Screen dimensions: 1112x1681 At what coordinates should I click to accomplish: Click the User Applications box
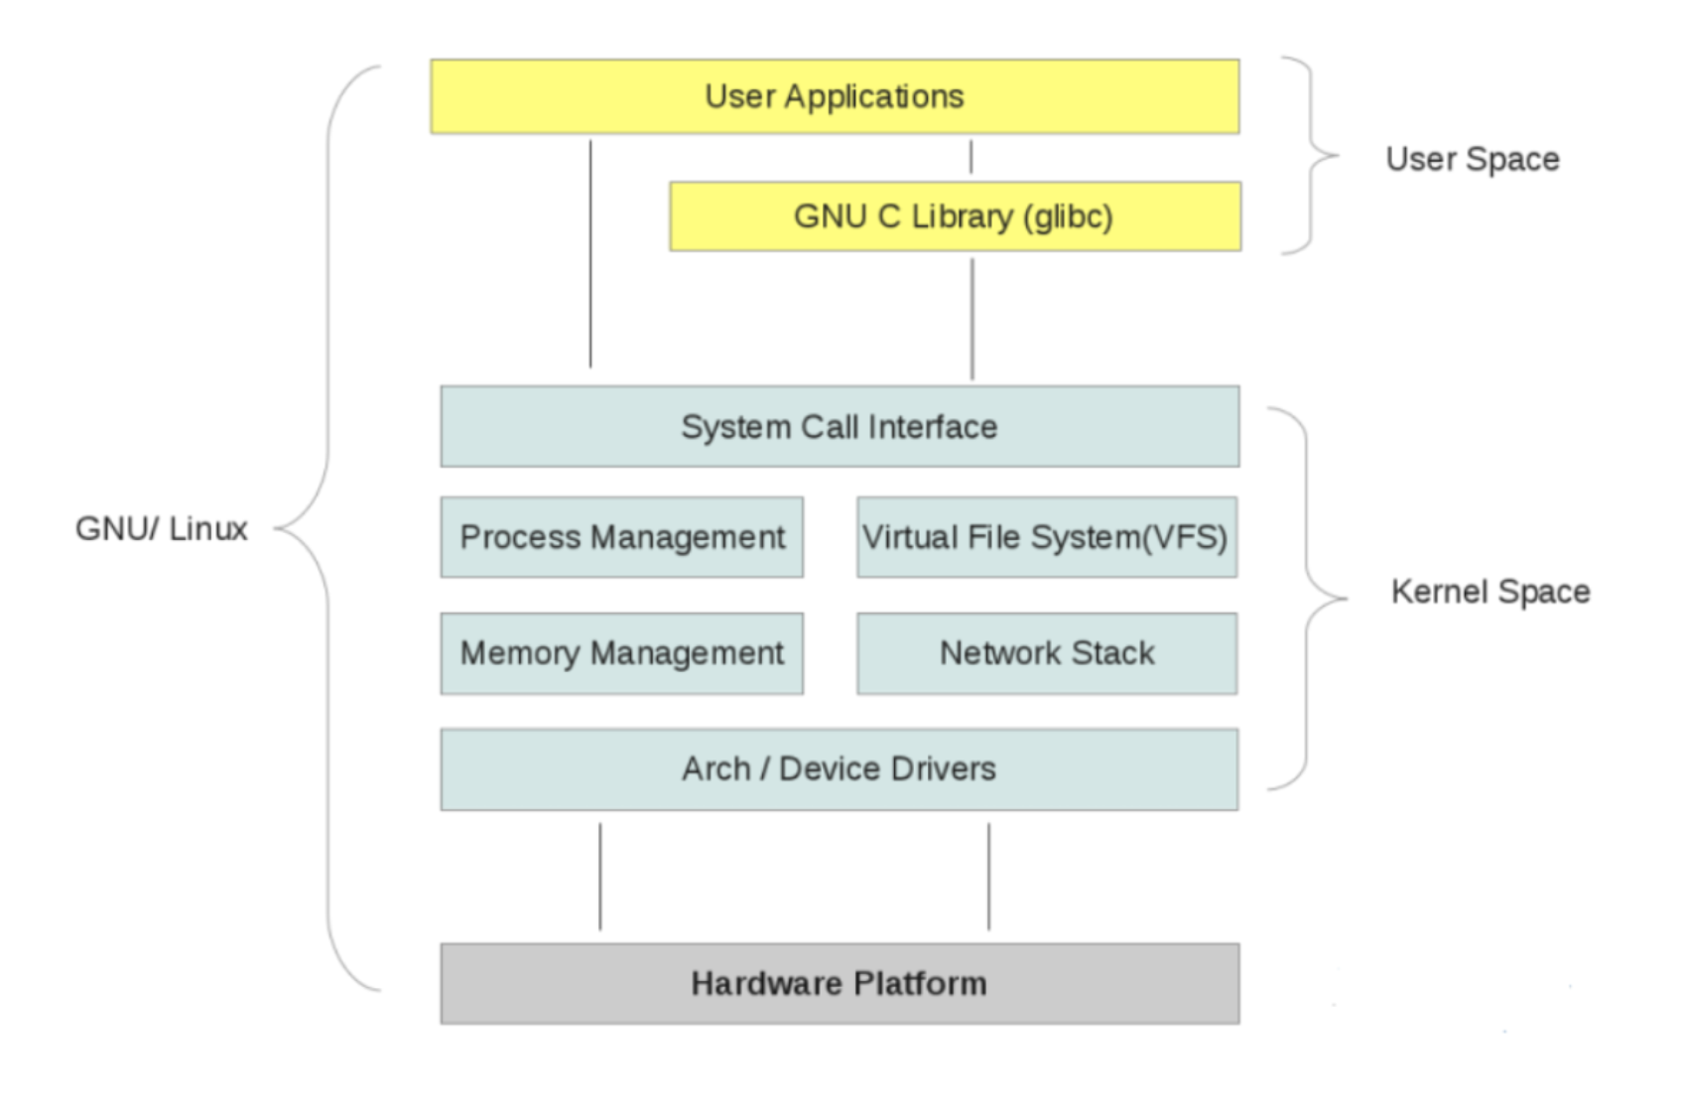(835, 96)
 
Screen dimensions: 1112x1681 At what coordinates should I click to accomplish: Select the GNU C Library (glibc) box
(955, 216)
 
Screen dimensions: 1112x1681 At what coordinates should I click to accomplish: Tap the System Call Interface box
(840, 427)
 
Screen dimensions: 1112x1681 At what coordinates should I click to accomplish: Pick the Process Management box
(622, 537)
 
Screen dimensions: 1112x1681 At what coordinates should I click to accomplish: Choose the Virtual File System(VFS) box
(1046, 537)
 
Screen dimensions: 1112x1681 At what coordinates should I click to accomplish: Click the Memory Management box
(622, 653)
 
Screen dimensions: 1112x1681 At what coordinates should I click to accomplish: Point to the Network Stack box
(1046, 653)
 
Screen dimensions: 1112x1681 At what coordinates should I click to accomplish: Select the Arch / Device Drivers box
(840, 769)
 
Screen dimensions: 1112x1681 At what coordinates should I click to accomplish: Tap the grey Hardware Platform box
(840, 984)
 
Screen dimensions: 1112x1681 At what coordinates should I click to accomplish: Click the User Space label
(1472, 159)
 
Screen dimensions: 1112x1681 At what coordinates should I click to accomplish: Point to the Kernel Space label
(1489, 592)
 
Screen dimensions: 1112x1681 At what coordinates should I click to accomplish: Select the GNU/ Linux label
(162, 528)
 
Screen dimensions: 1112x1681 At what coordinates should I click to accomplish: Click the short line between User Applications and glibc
(970, 157)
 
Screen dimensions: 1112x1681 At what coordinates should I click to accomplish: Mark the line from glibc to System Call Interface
(971, 318)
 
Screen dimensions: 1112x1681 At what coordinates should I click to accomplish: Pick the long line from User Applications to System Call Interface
(590, 254)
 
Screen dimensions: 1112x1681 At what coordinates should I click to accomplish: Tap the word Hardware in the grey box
(766, 984)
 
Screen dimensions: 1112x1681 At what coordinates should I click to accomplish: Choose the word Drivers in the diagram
(942, 769)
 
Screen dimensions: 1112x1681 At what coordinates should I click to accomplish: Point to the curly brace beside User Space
(1312, 156)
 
